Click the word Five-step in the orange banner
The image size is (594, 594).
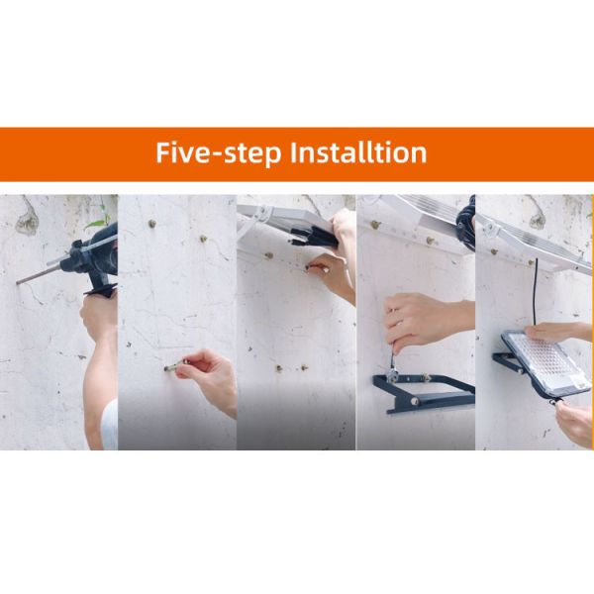tap(219, 152)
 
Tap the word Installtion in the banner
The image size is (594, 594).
tap(358, 152)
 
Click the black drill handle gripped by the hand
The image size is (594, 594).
tap(99, 284)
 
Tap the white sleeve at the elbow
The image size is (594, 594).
tap(110, 425)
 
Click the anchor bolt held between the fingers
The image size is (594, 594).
tap(175, 365)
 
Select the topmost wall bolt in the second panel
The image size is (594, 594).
tap(151, 224)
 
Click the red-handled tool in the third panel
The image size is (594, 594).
tap(317, 267)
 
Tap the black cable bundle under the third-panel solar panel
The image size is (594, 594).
tap(315, 236)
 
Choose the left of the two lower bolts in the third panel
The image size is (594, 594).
tap(279, 368)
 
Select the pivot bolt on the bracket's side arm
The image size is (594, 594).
tap(415, 400)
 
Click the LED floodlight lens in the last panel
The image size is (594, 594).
tap(548, 363)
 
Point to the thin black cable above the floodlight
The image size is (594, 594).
tap(536, 292)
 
